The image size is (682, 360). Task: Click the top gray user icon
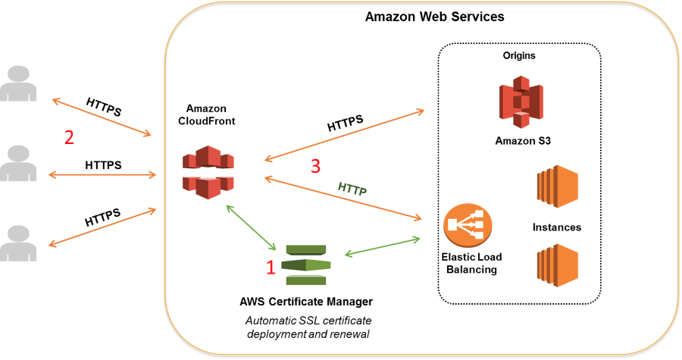point(18,84)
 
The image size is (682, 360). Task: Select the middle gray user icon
point(18,164)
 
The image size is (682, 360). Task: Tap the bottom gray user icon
point(18,243)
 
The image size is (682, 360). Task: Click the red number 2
point(69,138)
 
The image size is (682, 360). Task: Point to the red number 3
point(316,166)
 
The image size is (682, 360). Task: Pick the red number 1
point(270,267)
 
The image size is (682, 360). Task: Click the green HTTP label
point(352,189)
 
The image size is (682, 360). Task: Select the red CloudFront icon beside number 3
point(208,172)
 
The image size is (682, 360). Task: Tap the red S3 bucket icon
point(521,99)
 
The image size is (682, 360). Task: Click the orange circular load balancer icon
point(468,224)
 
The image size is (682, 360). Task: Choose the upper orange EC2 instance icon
point(557,186)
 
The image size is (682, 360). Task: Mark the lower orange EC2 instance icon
point(557,265)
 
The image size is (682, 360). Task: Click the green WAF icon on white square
point(306,265)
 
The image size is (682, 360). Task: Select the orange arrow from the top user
point(102,117)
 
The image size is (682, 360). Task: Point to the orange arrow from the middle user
point(102,175)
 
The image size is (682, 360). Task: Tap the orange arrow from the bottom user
point(102,227)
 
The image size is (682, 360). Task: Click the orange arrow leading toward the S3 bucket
point(344,135)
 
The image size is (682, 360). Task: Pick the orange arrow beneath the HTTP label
point(343,199)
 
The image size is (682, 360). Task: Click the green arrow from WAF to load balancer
point(382,247)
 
